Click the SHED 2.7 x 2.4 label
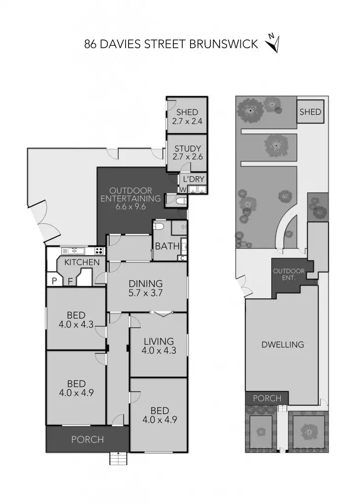[187, 116]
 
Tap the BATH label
[164, 246]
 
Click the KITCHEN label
[82, 262]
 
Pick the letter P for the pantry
[54, 282]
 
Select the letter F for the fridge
[70, 282]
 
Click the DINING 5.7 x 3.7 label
[145, 288]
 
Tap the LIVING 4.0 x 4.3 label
[159, 346]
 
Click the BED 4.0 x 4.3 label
[76, 319]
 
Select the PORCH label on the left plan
[88, 440]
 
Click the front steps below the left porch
[118, 459]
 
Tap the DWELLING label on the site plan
[282, 345]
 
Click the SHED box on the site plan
[310, 112]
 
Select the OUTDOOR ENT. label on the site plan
[289, 274]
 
